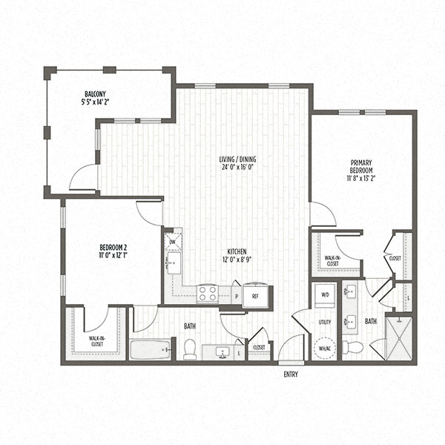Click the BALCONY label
[x=94, y=93]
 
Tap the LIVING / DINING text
[x=237, y=158]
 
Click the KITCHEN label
[x=237, y=251]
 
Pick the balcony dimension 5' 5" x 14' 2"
[x=94, y=102]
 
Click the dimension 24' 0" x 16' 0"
[x=237, y=168]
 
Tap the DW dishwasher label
[x=173, y=242]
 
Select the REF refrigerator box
[x=254, y=295]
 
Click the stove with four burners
[x=207, y=294]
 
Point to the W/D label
[x=324, y=294]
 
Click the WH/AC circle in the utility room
[x=324, y=347]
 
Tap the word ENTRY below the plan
[x=291, y=375]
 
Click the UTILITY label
[x=324, y=323]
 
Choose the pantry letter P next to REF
[x=237, y=295]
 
